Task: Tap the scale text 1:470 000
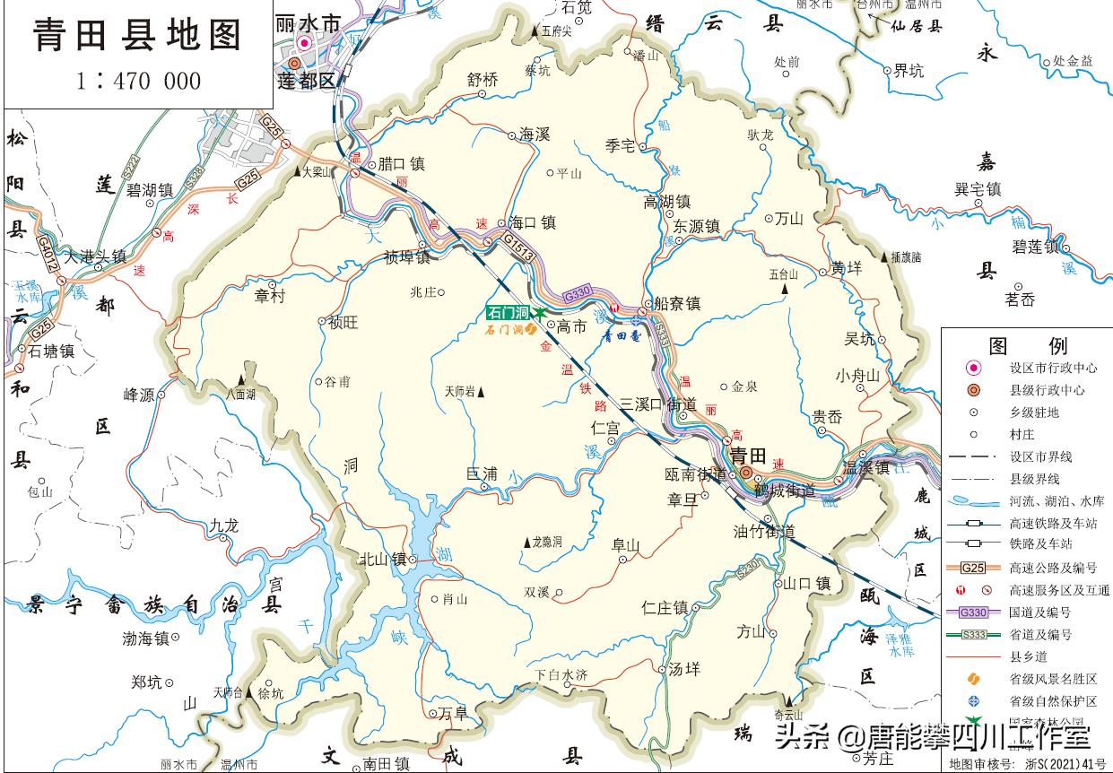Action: pyautogui.click(x=138, y=82)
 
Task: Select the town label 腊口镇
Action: pyautogui.click(x=401, y=164)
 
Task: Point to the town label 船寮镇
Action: pyautogui.click(x=677, y=304)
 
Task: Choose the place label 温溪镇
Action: pyautogui.click(x=865, y=467)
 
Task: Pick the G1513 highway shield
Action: pyautogui.click(x=518, y=248)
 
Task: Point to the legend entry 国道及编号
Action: pyautogui.click(x=1040, y=612)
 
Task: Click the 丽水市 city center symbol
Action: pyautogui.click(x=305, y=42)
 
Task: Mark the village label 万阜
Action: pyautogui.click(x=453, y=714)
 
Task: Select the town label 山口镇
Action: pyautogui.click(x=807, y=584)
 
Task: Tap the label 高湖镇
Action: pyautogui.click(x=666, y=203)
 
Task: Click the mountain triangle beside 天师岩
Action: pyautogui.click(x=481, y=392)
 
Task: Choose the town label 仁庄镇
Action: pyautogui.click(x=665, y=608)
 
